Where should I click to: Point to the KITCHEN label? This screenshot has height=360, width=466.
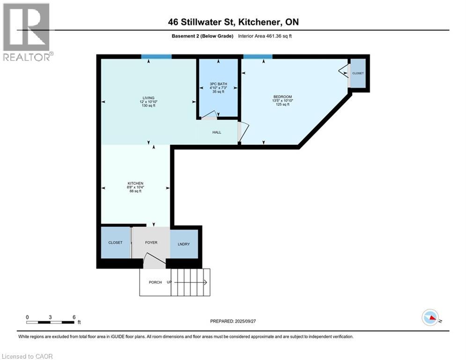tap(136, 183)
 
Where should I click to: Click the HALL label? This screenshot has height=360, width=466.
tap(216, 132)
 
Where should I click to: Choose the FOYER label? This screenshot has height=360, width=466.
tap(151, 242)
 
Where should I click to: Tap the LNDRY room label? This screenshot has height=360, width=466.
tap(184, 244)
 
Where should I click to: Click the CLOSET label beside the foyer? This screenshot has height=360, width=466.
tap(115, 242)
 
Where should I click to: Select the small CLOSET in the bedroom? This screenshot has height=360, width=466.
tap(358, 74)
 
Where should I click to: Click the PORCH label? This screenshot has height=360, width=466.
tap(155, 282)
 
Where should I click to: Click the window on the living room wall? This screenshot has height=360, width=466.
tap(156, 57)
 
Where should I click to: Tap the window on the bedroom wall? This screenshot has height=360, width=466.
tap(258, 57)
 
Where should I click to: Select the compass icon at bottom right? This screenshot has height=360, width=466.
tap(430, 318)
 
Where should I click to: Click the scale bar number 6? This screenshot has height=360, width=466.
tap(74, 317)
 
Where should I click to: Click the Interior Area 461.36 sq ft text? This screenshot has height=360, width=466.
tap(265, 36)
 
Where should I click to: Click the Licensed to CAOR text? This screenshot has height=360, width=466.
tap(28, 356)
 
